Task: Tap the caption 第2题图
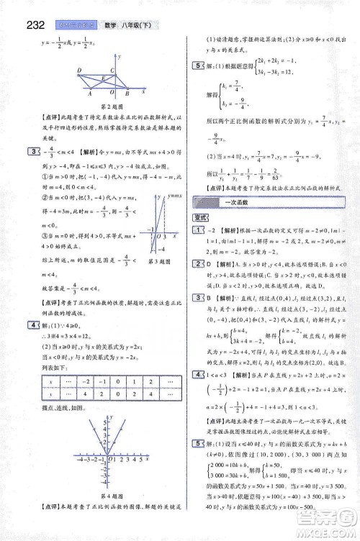[x=105, y=107]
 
